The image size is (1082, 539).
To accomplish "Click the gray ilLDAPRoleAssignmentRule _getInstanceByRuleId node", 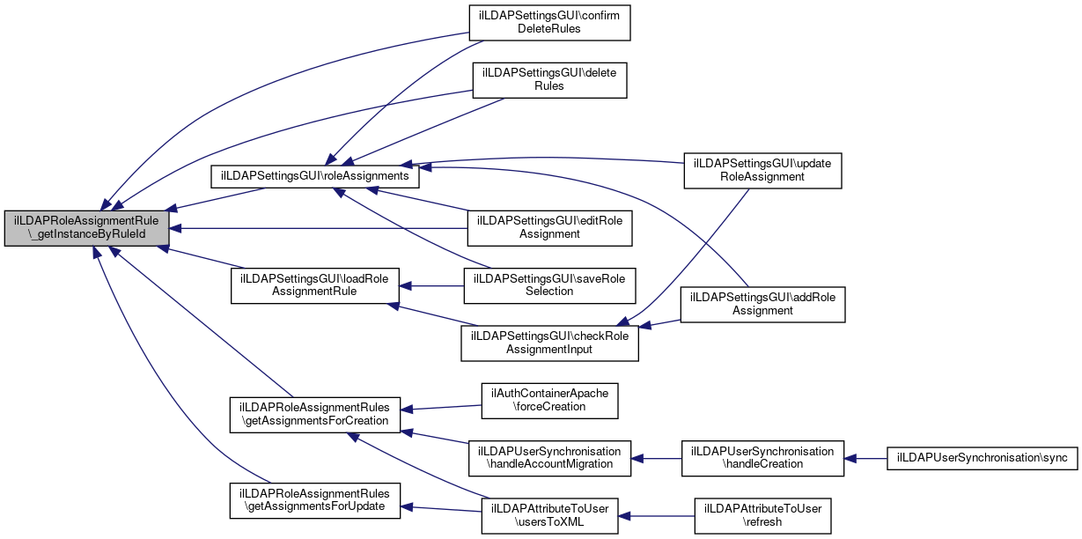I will pyautogui.click(x=86, y=229).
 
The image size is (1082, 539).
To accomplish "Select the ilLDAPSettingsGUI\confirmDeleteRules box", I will pyautogui.click(x=549, y=22).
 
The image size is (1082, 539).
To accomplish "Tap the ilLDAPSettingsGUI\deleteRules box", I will pyautogui.click(x=549, y=79).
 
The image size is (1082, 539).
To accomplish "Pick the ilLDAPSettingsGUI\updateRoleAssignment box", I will pyautogui.click(x=762, y=170).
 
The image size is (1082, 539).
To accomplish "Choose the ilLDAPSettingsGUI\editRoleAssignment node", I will pyautogui.click(x=549, y=228).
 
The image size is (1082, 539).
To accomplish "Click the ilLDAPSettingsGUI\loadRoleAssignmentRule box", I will pyautogui.click(x=315, y=285).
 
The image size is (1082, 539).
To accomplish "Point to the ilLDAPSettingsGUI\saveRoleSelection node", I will pyautogui.click(x=549, y=285).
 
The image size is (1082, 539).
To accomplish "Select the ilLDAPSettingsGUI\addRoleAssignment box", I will pyautogui.click(x=762, y=304).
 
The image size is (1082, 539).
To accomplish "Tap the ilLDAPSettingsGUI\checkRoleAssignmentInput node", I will pyautogui.click(x=549, y=343).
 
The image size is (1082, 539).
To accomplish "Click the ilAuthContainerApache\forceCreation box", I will pyautogui.click(x=549, y=401).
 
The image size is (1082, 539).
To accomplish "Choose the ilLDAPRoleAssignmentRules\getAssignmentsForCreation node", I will pyautogui.click(x=315, y=415).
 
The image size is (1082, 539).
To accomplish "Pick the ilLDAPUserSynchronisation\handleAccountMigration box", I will pyautogui.click(x=549, y=457).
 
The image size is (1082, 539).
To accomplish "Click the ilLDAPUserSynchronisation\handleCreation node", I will pyautogui.click(x=762, y=458).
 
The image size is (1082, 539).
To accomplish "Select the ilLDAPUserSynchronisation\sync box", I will pyautogui.click(x=981, y=458).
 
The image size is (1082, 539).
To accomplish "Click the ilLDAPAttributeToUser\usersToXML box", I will pyautogui.click(x=549, y=515).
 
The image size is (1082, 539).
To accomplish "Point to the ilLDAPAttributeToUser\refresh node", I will pyautogui.click(x=762, y=515).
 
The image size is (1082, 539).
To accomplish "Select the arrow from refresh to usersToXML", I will pyautogui.click(x=656, y=515).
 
